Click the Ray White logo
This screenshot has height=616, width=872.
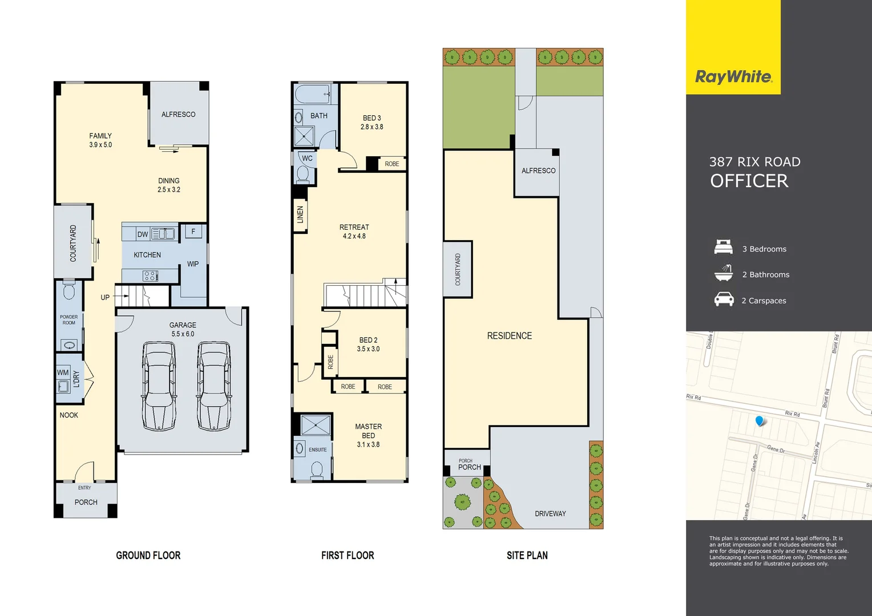point(733,76)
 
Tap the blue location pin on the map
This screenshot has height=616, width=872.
point(760,421)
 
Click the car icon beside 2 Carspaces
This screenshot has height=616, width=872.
point(724,299)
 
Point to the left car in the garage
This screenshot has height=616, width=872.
point(159,386)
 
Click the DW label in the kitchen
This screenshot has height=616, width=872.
point(143,234)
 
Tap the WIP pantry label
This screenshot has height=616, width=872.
point(193,264)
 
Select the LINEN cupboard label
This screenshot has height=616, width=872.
point(300,214)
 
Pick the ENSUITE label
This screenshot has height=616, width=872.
point(318,449)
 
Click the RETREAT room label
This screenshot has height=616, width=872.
point(354,227)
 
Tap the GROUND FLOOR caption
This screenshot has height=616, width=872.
point(148,555)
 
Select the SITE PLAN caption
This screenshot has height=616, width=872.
point(527,555)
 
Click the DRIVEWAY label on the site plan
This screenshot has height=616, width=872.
point(550,513)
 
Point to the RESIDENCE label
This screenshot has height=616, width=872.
point(509,336)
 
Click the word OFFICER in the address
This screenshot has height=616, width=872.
point(749,181)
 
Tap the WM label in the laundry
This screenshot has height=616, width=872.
point(63,372)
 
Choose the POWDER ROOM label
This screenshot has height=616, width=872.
point(68,319)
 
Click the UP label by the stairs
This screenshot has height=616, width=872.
point(105,297)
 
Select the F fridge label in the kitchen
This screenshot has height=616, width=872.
point(193,232)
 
